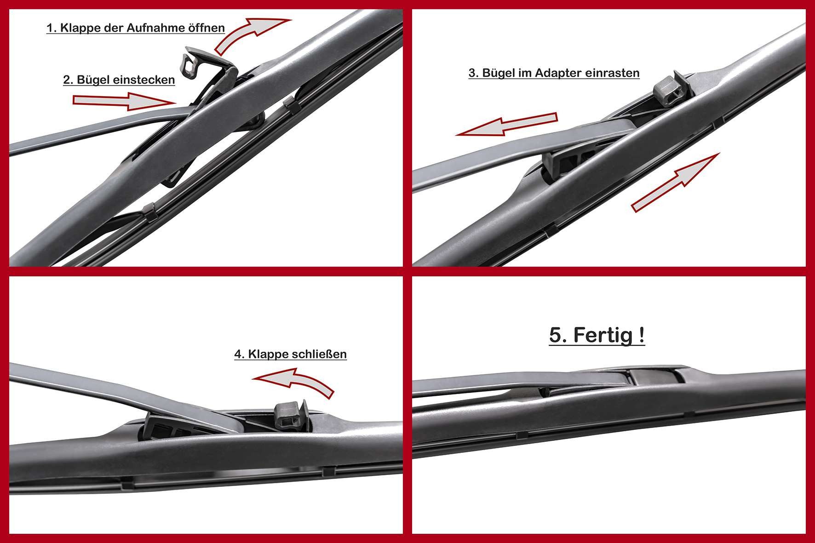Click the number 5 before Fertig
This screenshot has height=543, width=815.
pos(557,336)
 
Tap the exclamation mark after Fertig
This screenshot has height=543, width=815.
pos(641,335)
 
